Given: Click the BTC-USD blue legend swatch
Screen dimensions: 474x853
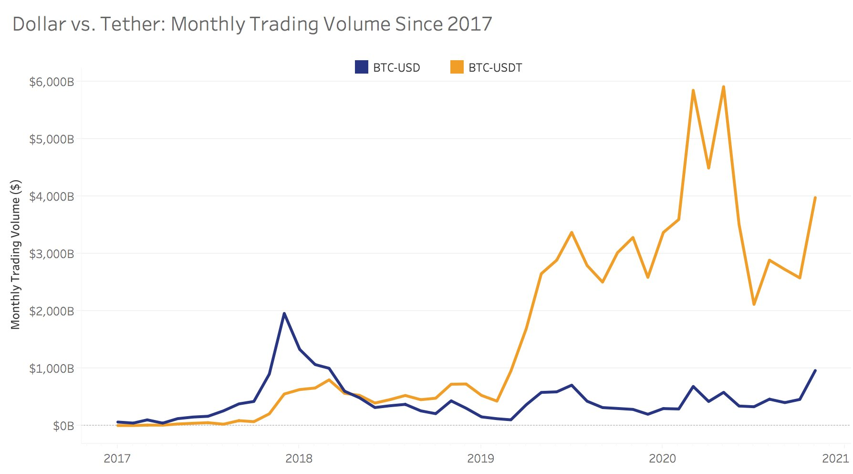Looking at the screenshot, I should (362, 67).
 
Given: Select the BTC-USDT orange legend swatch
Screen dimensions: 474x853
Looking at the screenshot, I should (457, 67).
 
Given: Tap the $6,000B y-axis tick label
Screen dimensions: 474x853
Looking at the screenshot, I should (52, 82).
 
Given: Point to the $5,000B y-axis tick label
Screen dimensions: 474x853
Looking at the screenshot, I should (52, 140).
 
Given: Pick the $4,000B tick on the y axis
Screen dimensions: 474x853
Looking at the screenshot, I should (52, 197).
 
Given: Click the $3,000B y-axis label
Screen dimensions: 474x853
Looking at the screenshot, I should (52, 254).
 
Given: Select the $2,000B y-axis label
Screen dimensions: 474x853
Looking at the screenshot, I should (52, 312).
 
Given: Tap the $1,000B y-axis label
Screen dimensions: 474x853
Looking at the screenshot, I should (52, 368).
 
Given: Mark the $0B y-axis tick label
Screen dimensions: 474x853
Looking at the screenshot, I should (63, 426).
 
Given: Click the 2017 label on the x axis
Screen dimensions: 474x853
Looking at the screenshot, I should (117, 459).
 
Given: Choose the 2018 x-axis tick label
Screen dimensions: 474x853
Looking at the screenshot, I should (299, 459).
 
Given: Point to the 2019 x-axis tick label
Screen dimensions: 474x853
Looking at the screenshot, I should (480, 459).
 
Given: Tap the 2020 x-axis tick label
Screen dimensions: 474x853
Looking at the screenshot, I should (662, 459).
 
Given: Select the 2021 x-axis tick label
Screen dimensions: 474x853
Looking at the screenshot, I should (835, 459).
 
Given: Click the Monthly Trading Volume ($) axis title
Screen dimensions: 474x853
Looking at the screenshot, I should (16, 254).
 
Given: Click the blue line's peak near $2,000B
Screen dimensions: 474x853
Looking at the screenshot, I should (284, 313).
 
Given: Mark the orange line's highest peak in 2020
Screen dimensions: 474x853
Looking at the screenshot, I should (724, 87).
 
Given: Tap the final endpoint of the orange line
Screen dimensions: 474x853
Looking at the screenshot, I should (815, 197).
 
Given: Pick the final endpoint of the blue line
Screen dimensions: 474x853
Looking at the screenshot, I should (815, 370).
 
